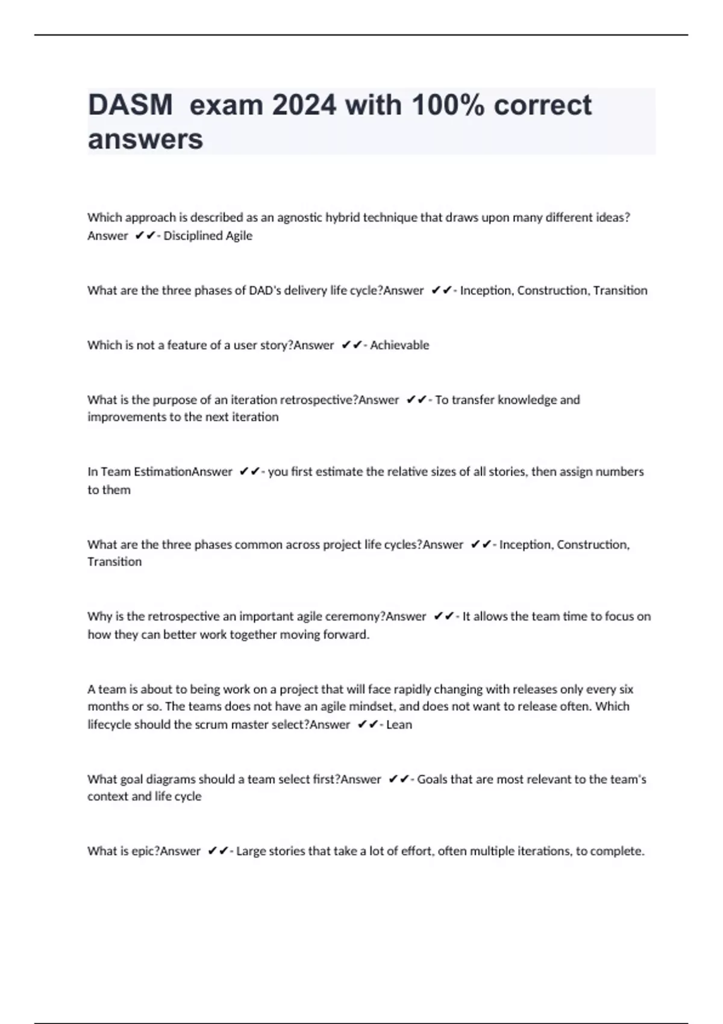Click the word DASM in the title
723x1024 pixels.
click(x=130, y=105)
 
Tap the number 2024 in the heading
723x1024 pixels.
click(x=304, y=105)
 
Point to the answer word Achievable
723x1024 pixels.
click(x=399, y=345)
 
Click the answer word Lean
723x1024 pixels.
click(x=399, y=725)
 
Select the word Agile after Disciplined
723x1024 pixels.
click(x=239, y=236)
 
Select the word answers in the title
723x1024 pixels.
click(x=146, y=140)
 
